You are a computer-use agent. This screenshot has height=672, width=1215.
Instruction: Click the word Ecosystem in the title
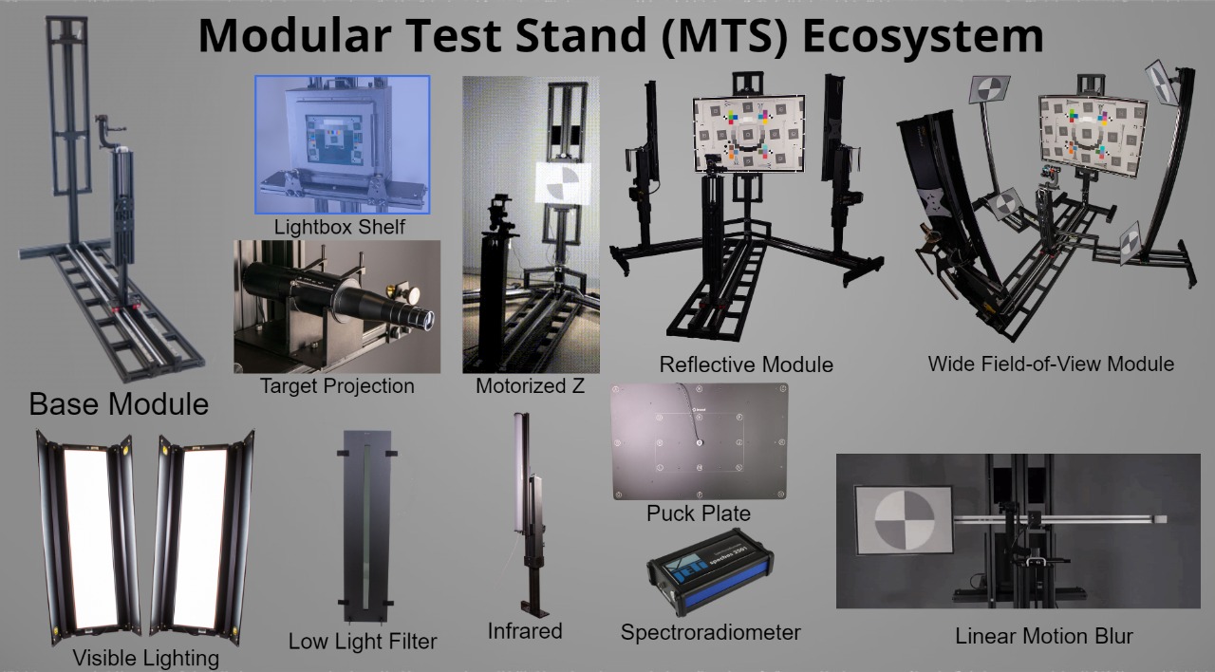click(923, 36)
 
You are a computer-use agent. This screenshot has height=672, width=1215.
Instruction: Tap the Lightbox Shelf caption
click(340, 227)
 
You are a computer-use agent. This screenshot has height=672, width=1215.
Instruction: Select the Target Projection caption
click(337, 386)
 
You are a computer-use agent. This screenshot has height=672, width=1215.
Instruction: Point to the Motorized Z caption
click(530, 386)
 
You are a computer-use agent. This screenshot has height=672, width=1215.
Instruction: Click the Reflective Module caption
click(746, 364)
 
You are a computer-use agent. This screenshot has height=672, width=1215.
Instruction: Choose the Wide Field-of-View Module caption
click(1051, 364)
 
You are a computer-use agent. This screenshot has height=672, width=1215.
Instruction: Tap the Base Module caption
click(119, 404)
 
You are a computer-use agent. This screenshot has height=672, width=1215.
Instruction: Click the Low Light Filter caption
click(363, 641)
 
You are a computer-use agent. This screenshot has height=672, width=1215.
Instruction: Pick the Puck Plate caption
click(699, 513)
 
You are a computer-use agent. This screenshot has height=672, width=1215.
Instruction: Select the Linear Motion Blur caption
click(1044, 636)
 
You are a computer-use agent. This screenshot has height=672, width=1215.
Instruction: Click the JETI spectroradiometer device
click(711, 571)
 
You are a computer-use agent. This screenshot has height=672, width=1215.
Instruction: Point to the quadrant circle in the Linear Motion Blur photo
click(905, 520)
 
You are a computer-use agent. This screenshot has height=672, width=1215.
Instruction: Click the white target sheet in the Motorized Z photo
click(563, 184)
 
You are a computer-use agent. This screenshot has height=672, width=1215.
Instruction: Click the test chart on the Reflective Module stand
click(749, 133)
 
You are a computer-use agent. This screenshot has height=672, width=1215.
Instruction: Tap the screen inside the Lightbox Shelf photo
click(333, 140)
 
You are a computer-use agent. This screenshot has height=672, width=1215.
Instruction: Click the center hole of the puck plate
click(700, 442)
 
